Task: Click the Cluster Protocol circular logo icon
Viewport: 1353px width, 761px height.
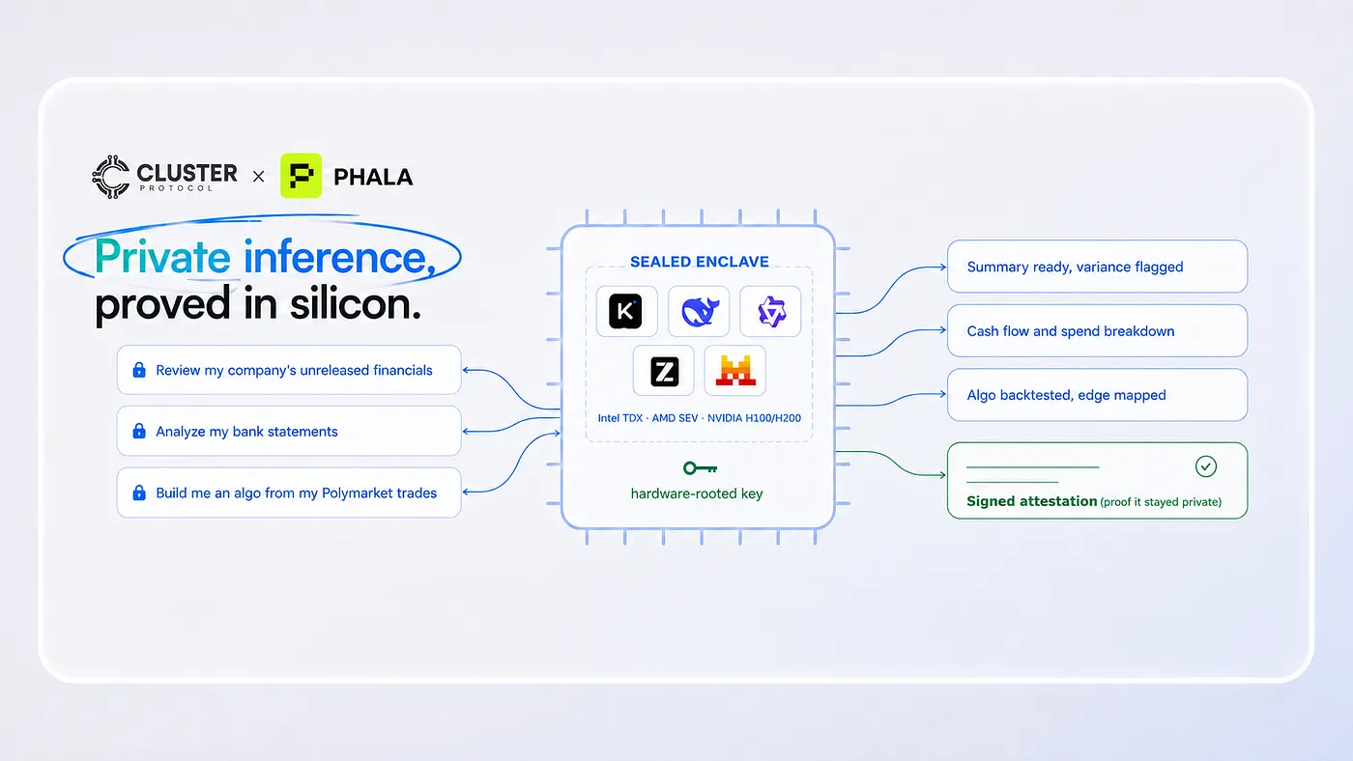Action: [111, 177]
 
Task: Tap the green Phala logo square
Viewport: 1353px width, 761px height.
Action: [301, 176]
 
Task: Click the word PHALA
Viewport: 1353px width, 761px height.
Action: [373, 177]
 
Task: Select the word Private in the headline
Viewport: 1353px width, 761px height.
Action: [162, 258]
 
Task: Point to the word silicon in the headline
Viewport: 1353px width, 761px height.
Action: [355, 303]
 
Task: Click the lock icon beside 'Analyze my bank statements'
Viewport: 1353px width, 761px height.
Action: [139, 431]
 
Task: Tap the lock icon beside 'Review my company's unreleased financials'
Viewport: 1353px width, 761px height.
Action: [139, 369]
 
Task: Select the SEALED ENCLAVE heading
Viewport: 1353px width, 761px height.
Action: [700, 262]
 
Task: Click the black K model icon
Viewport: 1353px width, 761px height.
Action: [625, 311]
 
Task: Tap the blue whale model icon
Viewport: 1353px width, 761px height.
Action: [700, 311]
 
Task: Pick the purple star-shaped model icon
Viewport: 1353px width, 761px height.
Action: [771, 311]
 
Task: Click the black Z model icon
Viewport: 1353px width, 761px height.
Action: [665, 371]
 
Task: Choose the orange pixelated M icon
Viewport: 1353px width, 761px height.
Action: [735, 371]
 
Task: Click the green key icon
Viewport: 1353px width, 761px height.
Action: [700, 468]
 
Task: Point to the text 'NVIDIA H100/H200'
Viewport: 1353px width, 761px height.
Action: [754, 418]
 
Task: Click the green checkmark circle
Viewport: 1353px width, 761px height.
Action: [1206, 466]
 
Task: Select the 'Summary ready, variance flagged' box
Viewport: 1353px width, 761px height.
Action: [1097, 267]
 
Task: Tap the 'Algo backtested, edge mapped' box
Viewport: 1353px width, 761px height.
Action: [1097, 395]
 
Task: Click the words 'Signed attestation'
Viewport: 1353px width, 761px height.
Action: [1032, 501]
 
